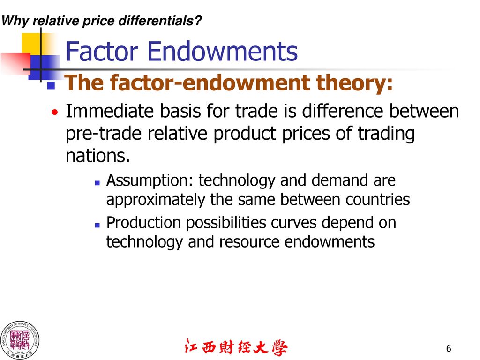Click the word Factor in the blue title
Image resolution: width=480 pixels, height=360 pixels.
(x=102, y=52)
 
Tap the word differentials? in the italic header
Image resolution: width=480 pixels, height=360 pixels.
(x=160, y=21)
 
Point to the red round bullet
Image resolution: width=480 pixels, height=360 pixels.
(x=55, y=112)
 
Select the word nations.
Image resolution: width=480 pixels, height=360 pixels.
(x=97, y=156)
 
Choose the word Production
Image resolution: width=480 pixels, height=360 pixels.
(x=143, y=223)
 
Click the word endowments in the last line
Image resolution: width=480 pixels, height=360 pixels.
(x=330, y=242)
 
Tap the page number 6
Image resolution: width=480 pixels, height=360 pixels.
(x=449, y=348)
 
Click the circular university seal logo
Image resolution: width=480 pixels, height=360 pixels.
(x=20, y=340)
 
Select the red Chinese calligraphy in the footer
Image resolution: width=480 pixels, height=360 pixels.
(x=236, y=347)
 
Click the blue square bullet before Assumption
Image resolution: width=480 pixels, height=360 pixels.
(x=97, y=183)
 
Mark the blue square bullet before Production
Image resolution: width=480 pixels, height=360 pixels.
(x=97, y=225)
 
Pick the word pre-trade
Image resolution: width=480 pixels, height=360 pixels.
(x=104, y=134)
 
